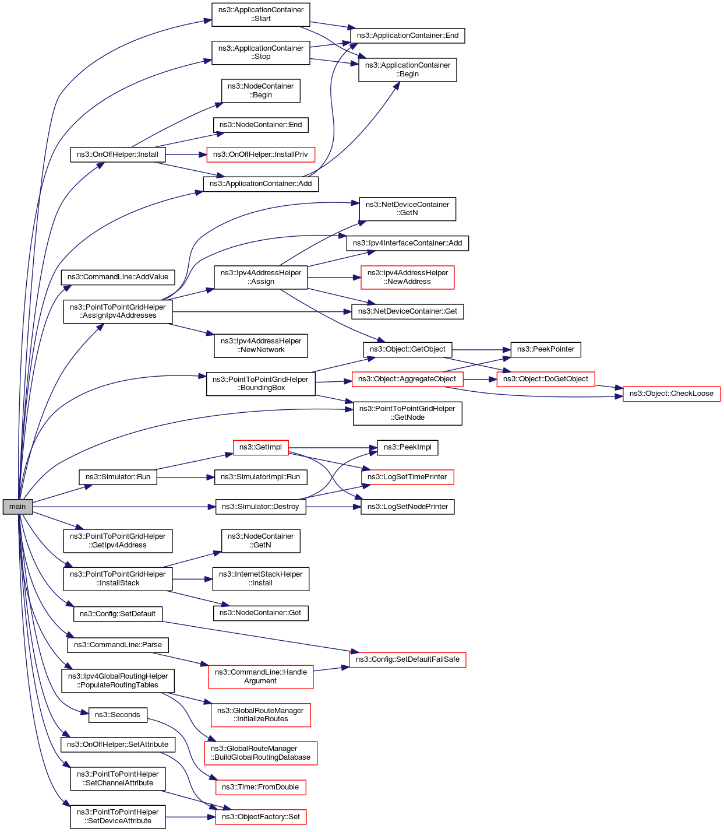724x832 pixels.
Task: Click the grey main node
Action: coord(17,507)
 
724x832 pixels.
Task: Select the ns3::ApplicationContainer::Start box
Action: coord(260,15)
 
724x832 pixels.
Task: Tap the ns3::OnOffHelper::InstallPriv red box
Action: coord(260,155)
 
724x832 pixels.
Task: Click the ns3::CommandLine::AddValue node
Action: coord(118,277)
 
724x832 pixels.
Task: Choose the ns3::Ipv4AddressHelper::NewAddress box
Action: coord(407,277)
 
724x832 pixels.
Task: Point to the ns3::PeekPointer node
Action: coord(546,349)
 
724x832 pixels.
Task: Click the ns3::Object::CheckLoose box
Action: coord(671,394)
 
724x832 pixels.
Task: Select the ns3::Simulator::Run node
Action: coord(118,477)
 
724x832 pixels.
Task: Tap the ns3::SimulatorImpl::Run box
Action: coord(260,477)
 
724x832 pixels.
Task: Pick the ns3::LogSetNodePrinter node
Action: coord(407,507)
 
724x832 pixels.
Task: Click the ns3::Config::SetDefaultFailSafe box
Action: coord(407,659)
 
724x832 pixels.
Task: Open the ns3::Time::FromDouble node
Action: coord(260,787)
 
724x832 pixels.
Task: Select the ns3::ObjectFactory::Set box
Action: coord(260,817)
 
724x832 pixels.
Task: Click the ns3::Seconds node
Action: coord(118,715)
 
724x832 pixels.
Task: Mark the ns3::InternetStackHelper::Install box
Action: coord(260,579)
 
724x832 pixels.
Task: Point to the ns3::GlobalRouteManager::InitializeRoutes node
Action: coord(260,715)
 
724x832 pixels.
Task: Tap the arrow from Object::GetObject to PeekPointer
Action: coord(481,350)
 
